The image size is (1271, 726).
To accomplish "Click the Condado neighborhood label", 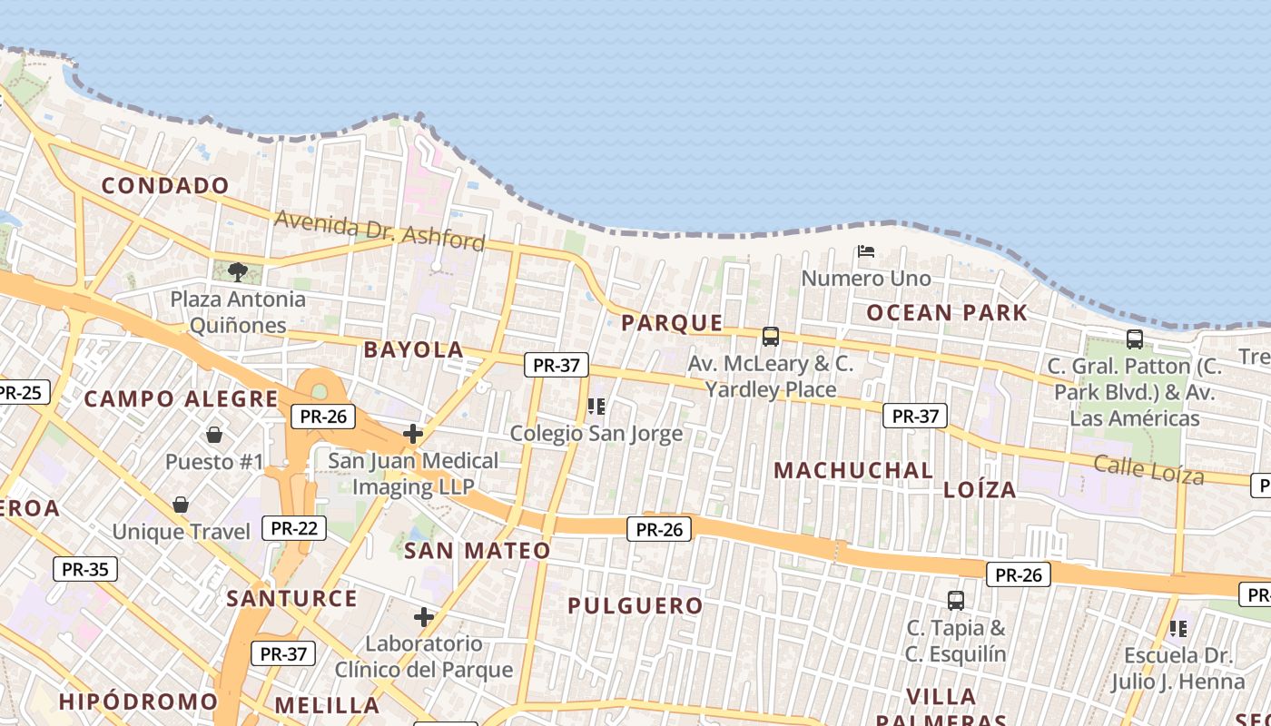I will [x=165, y=186].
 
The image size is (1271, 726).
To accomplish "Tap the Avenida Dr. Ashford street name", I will [x=379, y=231].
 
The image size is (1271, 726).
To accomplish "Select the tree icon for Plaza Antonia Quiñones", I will [x=238, y=271].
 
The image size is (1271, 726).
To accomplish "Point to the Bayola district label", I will [x=413, y=350].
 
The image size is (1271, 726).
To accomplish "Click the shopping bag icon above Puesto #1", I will [x=214, y=435].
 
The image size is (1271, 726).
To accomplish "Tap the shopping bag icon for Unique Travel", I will [x=181, y=505].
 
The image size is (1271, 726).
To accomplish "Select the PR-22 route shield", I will [x=293, y=528].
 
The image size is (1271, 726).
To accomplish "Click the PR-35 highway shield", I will [x=85, y=570].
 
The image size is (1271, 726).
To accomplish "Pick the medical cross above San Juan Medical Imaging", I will [x=413, y=434].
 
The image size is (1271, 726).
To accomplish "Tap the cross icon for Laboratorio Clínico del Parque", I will [x=424, y=618].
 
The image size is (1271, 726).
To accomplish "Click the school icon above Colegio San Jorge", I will [x=596, y=407].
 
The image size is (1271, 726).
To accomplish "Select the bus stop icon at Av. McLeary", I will [x=771, y=337].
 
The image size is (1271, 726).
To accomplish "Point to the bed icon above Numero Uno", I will [x=866, y=251].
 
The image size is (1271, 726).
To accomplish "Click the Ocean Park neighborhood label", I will [x=947, y=313].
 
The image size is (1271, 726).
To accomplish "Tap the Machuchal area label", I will [x=853, y=470].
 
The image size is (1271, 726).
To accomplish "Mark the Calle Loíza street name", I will [x=1148, y=470].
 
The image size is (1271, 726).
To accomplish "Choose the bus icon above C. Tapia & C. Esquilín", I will [x=956, y=600].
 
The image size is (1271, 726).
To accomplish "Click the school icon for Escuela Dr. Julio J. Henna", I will [x=1178, y=628].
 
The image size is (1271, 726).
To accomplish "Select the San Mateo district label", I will [x=477, y=551].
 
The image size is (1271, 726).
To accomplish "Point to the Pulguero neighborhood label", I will [x=635, y=606].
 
